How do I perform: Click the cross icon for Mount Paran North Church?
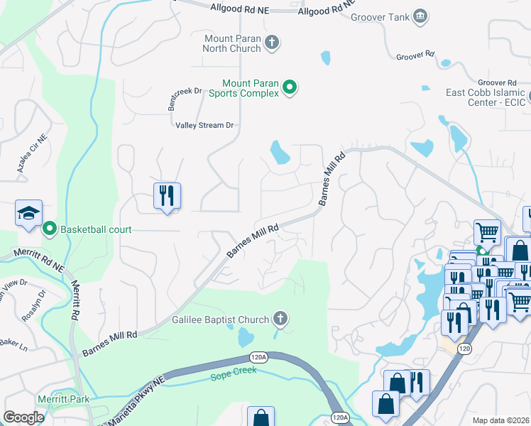pyautogui.click(x=270, y=43)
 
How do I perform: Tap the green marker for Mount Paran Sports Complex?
pyautogui.click(x=290, y=88)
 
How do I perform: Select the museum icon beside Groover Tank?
pyautogui.click(x=420, y=16)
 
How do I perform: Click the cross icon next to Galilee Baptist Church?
pyautogui.click(x=280, y=319)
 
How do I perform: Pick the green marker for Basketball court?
pyautogui.click(x=49, y=229)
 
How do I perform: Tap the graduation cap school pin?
pyautogui.click(x=29, y=213)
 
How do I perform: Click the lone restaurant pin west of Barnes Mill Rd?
pyautogui.click(x=167, y=195)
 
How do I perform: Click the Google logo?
pyautogui.click(x=23, y=417)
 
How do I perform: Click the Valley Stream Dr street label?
pyautogui.click(x=205, y=125)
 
